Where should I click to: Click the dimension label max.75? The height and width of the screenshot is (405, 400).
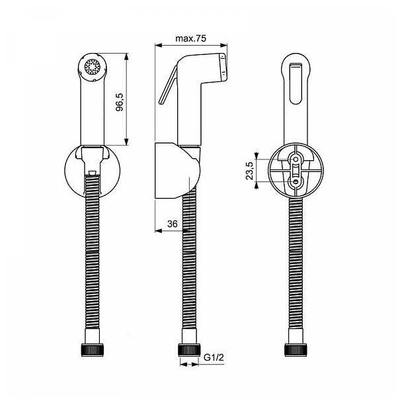pos(191,38)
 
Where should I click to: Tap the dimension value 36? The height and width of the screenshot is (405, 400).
pos(172,224)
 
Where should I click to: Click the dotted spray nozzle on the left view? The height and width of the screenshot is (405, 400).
pos(93,67)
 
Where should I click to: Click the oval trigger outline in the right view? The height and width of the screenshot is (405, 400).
pos(297,81)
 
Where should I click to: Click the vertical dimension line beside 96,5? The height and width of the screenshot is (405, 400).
pos(126,99)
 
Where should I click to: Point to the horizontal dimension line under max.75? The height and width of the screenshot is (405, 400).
pos(191,46)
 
